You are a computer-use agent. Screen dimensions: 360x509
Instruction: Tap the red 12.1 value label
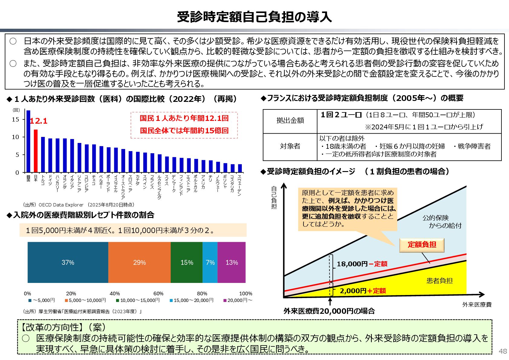[x=39, y=121]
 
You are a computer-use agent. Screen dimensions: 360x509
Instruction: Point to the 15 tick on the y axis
[x=15, y=119]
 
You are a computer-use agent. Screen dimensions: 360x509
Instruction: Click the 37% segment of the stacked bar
[x=68, y=262]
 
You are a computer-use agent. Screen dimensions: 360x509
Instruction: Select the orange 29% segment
[x=139, y=262]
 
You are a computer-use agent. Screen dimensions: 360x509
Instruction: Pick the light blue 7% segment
[x=210, y=262]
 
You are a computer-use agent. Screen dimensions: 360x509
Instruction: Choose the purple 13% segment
[x=232, y=262]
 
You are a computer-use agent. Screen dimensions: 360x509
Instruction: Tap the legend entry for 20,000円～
[x=238, y=300]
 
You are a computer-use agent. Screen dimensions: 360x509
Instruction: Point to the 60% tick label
[x=158, y=294]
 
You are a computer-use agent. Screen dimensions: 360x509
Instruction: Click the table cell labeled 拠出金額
[x=290, y=121]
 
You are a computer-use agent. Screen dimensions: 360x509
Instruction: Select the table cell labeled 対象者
[x=290, y=146]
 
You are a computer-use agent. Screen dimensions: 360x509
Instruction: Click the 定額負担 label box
[x=422, y=245]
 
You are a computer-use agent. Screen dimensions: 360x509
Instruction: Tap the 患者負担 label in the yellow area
[x=439, y=281]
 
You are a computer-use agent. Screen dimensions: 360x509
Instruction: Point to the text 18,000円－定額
[x=362, y=264]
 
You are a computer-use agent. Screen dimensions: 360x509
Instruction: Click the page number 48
[x=503, y=351]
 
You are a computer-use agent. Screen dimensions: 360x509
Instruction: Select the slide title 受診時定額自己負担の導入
[x=254, y=17]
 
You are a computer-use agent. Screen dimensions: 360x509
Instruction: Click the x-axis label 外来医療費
[x=477, y=305]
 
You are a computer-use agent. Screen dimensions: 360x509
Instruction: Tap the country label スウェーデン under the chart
[x=240, y=185]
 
